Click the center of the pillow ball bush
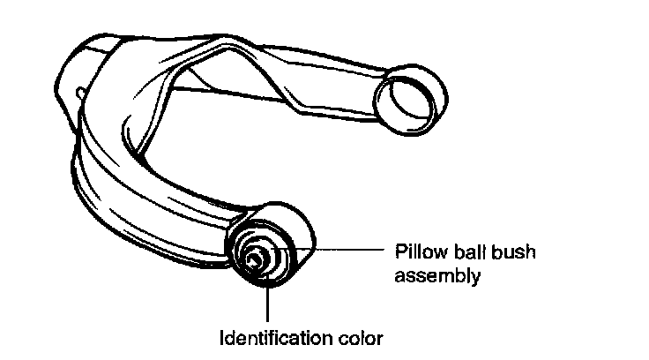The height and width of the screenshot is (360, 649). [x=255, y=259]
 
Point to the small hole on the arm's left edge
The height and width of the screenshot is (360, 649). [x=80, y=91]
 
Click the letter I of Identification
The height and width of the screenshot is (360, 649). [x=221, y=338]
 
